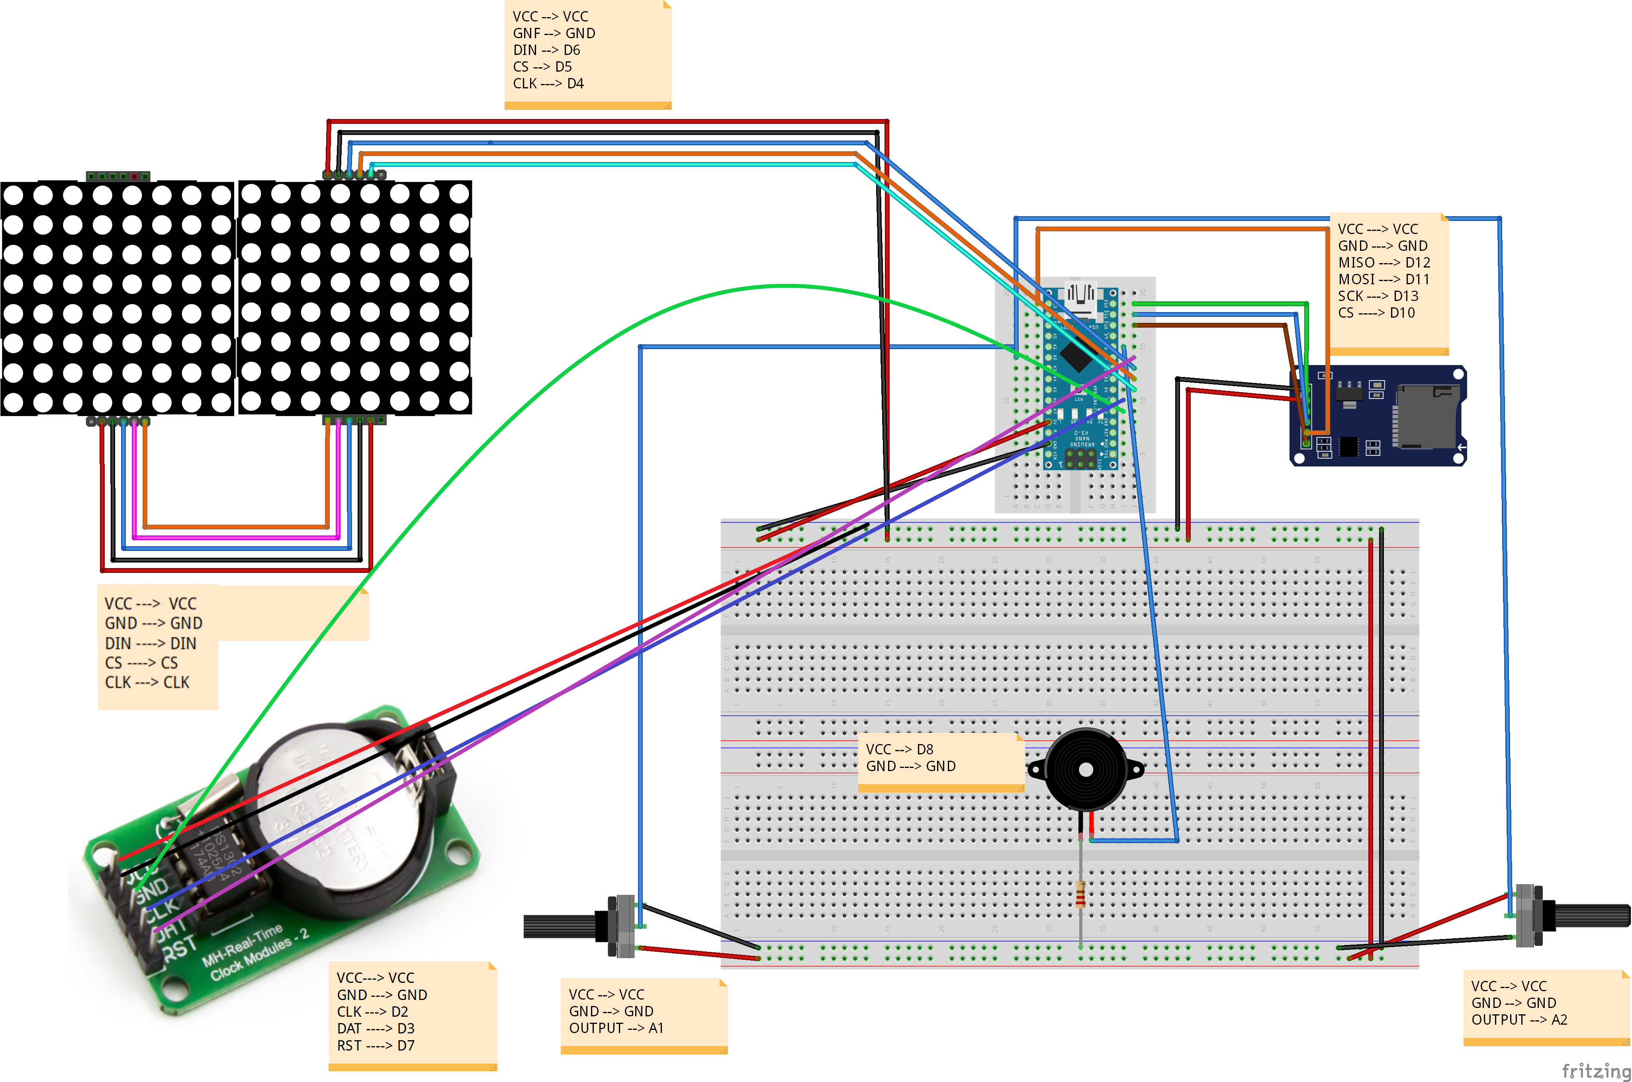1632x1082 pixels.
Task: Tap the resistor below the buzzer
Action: point(1080,895)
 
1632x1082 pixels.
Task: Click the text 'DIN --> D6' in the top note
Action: point(546,50)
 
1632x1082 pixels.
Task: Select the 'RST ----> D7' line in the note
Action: point(376,1045)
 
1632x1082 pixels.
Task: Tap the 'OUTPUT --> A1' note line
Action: point(616,1028)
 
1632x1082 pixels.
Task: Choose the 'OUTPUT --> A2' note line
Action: point(1519,1020)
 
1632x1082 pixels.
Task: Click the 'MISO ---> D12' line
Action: point(1383,262)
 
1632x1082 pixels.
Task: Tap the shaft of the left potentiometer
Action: point(559,926)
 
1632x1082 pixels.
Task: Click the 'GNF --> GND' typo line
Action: point(554,33)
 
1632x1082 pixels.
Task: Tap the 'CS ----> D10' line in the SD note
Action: point(1376,312)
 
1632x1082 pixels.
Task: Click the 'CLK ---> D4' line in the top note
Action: point(548,84)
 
